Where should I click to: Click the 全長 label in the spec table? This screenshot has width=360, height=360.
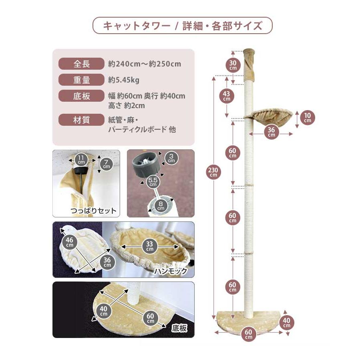(x=82, y=64)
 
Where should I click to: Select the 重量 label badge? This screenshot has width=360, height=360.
(x=82, y=80)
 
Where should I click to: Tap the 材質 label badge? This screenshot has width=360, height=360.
(x=82, y=120)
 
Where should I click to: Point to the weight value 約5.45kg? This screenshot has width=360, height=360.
(x=124, y=80)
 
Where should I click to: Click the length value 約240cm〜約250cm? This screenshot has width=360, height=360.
(x=145, y=64)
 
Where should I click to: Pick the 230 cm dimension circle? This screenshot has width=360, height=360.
(x=213, y=172)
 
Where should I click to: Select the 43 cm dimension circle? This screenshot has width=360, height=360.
(x=226, y=96)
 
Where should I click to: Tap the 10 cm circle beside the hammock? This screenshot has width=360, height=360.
(x=307, y=118)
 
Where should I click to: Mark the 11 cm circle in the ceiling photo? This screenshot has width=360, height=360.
(x=81, y=160)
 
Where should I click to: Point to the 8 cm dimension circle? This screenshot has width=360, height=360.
(x=160, y=206)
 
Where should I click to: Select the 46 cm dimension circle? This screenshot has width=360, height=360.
(x=70, y=241)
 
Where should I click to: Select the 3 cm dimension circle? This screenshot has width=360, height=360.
(x=171, y=158)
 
